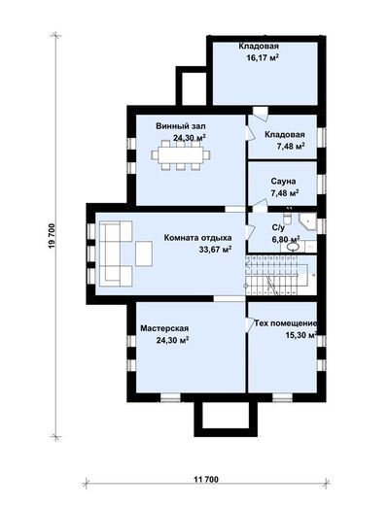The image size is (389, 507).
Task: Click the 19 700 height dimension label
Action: click(53, 236)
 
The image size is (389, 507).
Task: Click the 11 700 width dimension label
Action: click(206, 479)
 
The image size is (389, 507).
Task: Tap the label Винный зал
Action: click(181, 126)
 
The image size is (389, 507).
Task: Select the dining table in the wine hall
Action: click(181, 155)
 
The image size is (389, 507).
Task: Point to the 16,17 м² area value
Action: click(263, 58)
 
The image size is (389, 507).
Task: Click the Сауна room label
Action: click(283, 182)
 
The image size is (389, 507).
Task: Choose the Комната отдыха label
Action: click(197, 238)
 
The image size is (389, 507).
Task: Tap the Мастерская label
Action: click(164, 328)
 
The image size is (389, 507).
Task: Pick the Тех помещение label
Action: click(285, 323)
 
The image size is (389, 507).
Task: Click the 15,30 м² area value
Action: click(301, 335)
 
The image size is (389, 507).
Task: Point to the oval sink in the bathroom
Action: click(293, 247)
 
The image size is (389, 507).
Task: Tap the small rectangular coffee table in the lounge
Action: click(144, 253)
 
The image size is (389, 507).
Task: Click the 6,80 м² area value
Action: click(286, 240)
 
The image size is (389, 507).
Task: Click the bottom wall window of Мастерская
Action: click(170, 397)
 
